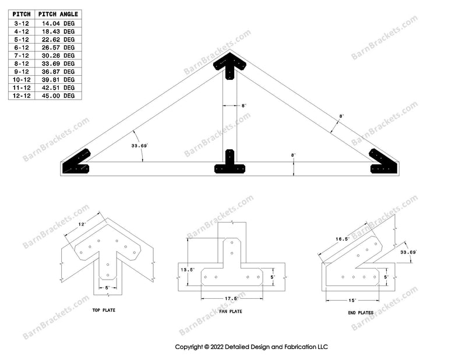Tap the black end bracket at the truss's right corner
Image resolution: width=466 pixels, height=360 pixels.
tap(384, 162)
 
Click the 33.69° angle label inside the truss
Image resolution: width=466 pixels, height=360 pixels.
tap(140, 146)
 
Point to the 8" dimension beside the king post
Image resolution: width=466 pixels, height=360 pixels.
tap(243, 105)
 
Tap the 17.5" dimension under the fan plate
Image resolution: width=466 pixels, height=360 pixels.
tap(232, 299)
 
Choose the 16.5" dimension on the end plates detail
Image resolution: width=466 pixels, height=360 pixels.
tap(340, 238)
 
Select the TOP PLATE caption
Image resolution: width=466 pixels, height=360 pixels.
tap(104, 310)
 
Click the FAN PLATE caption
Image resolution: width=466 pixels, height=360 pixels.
tap(232, 312)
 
